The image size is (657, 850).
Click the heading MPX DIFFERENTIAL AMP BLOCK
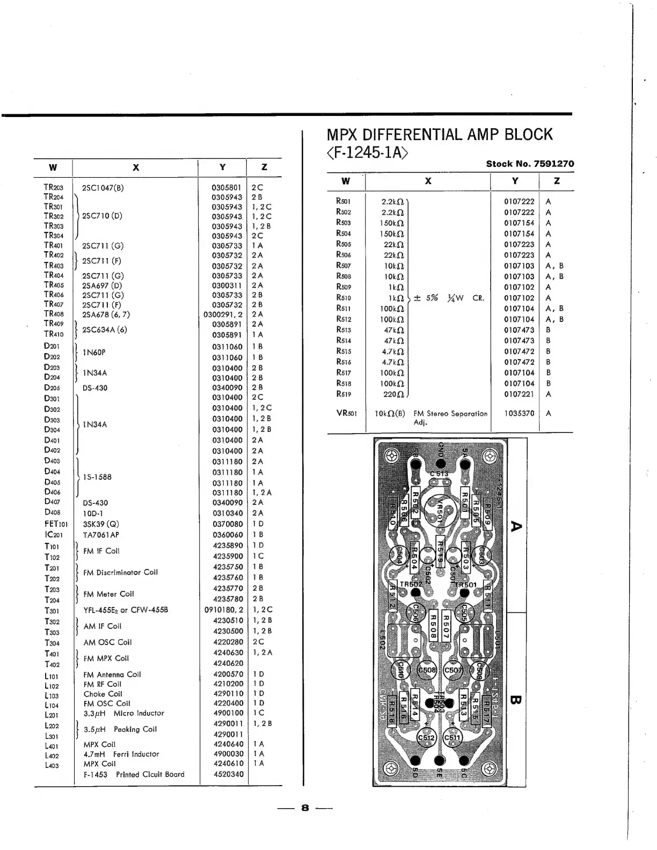click(x=440, y=134)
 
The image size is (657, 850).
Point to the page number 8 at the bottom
click(x=305, y=808)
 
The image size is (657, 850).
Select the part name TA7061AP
click(x=101, y=535)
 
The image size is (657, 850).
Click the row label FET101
click(x=56, y=524)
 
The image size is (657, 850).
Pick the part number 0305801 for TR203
click(x=227, y=188)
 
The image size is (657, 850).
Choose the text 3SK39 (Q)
click(x=101, y=524)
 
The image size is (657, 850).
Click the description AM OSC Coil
click(x=107, y=642)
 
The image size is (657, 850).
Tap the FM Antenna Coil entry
click(x=112, y=675)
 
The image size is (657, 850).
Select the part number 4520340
click(x=228, y=774)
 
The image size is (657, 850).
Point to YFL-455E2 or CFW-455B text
click(x=126, y=610)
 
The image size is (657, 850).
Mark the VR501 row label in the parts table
click(x=346, y=414)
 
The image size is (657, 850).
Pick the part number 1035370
click(x=519, y=414)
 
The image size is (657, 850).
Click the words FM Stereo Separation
click(x=450, y=414)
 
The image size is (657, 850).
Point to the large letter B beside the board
click(x=516, y=700)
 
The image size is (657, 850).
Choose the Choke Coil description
click(x=103, y=694)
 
